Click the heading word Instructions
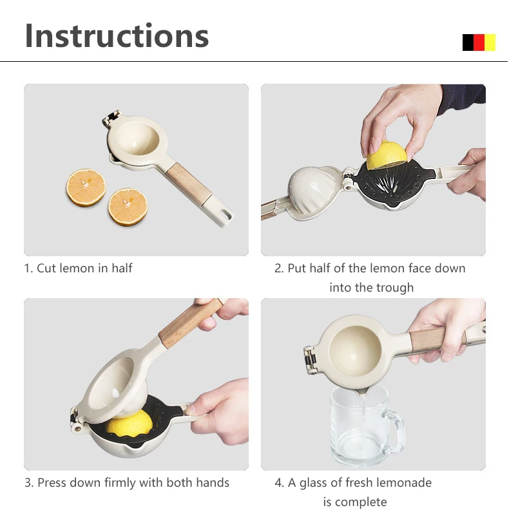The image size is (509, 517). [117, 35]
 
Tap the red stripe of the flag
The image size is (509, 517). [479, 42]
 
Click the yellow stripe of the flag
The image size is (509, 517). [490, 42]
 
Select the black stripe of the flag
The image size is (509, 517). [468, 42]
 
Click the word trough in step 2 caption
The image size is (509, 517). [395, 288]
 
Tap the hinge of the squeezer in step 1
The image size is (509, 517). [111, 118]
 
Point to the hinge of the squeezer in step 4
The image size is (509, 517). [310, 359]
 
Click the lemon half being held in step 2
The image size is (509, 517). [387, 155]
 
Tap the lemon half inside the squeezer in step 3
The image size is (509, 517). [130, 424]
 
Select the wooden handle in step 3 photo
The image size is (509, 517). [191, 323]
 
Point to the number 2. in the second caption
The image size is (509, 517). [279, 268]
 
